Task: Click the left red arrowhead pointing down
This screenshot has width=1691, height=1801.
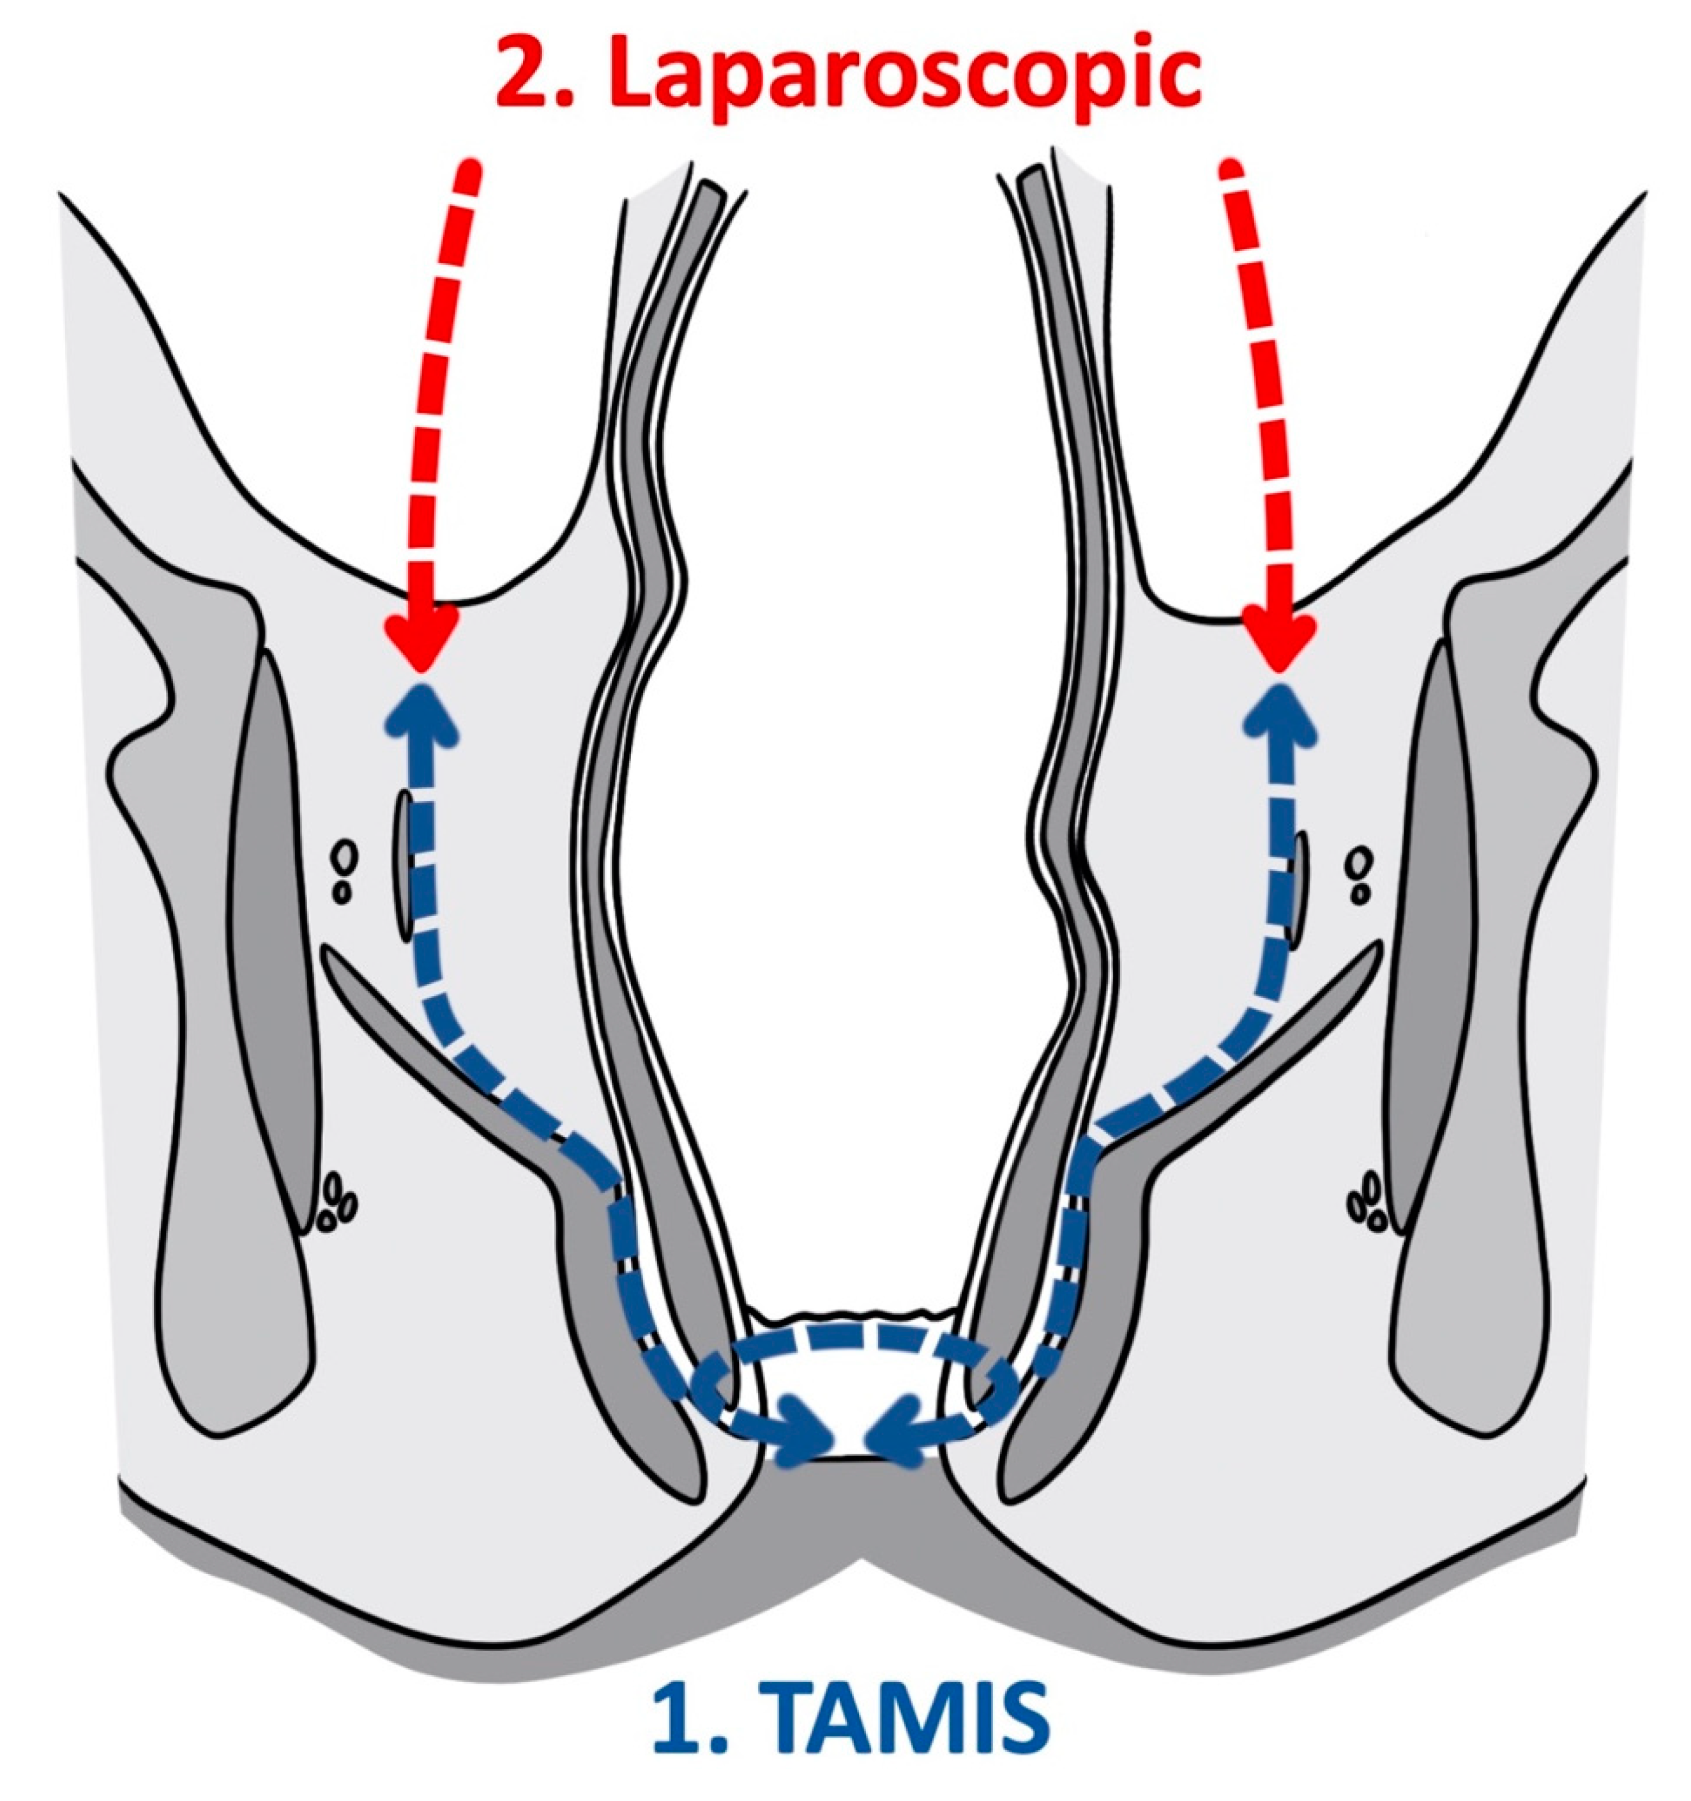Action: (x=421, y=637)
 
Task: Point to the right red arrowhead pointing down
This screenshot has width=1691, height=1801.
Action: (x=1277, y=637)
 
